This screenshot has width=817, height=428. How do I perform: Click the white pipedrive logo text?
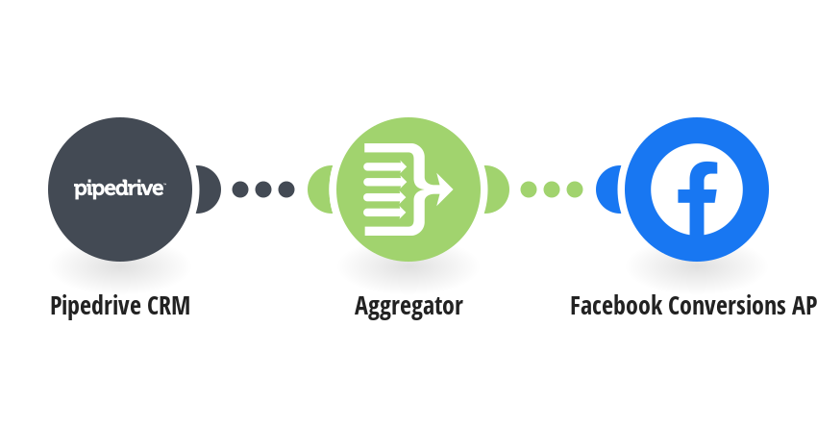coord(119,189)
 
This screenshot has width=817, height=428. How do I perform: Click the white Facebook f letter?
coord(697,198)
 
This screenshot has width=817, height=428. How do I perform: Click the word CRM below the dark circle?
coord(169,306)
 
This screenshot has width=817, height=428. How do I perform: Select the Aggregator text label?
coord(408,307)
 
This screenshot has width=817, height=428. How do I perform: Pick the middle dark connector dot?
coord(263,189)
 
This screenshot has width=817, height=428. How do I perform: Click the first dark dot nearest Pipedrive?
coord(240,189)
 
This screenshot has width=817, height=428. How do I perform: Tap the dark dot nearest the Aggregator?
coord(286,189)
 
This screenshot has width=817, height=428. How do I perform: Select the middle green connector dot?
coord(552,189)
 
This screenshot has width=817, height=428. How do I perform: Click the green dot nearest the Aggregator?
coord(529,189)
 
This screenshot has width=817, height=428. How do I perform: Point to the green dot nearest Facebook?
coord(574,189)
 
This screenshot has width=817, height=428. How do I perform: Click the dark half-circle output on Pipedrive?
coord(210,189)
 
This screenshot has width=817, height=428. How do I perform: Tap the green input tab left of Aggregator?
coord(319,189)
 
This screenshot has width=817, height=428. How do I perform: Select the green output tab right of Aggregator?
coord(498,189)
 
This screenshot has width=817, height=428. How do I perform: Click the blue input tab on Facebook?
coord(607,189)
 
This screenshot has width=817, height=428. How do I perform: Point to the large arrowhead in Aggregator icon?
coord(444,189)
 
